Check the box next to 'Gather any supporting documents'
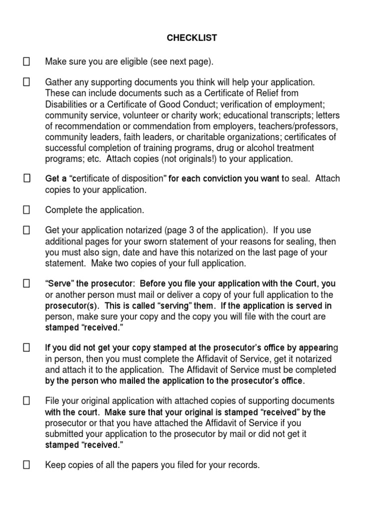[x=26, y=82]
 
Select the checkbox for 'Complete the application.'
[x=26, y=209]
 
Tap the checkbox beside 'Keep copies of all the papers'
[x=26, y=465]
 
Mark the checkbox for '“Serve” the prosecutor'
[x=26, y=284]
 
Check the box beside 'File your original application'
[x=26, y=401]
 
